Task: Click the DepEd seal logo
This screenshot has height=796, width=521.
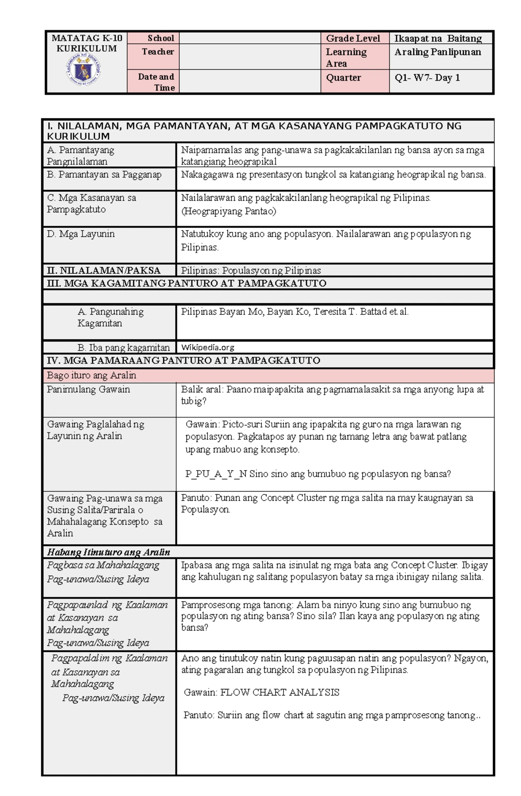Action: coord(83,71)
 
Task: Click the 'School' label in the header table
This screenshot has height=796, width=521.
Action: coord(160,38)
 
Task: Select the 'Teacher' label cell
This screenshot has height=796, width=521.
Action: coord(158,52)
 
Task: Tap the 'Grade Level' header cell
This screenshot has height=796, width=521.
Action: coord(353,38)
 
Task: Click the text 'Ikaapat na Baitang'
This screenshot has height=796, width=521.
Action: coord(438,38)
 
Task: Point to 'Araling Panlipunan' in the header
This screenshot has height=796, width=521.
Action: coord(438,52)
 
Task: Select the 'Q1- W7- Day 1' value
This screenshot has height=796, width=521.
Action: coord(427,78)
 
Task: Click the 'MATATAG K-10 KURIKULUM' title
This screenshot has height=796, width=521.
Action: coord(87,43)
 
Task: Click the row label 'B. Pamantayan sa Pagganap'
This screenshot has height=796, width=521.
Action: coord(104,175)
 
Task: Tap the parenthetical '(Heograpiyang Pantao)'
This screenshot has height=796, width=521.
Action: coord(228,211)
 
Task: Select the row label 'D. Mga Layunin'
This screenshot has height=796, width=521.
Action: coord(81,234)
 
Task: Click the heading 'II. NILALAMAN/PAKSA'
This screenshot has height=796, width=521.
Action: coord(104,270)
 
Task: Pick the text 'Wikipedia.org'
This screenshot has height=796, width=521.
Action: coord(208,347)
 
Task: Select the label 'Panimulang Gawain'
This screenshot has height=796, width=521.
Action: coord(89,389)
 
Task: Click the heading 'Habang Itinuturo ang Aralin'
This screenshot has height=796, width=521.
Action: coord(109,552)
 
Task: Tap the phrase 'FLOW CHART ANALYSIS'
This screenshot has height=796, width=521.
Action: coord(280,692)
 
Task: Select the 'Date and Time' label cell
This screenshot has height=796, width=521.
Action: coord(156,82)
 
